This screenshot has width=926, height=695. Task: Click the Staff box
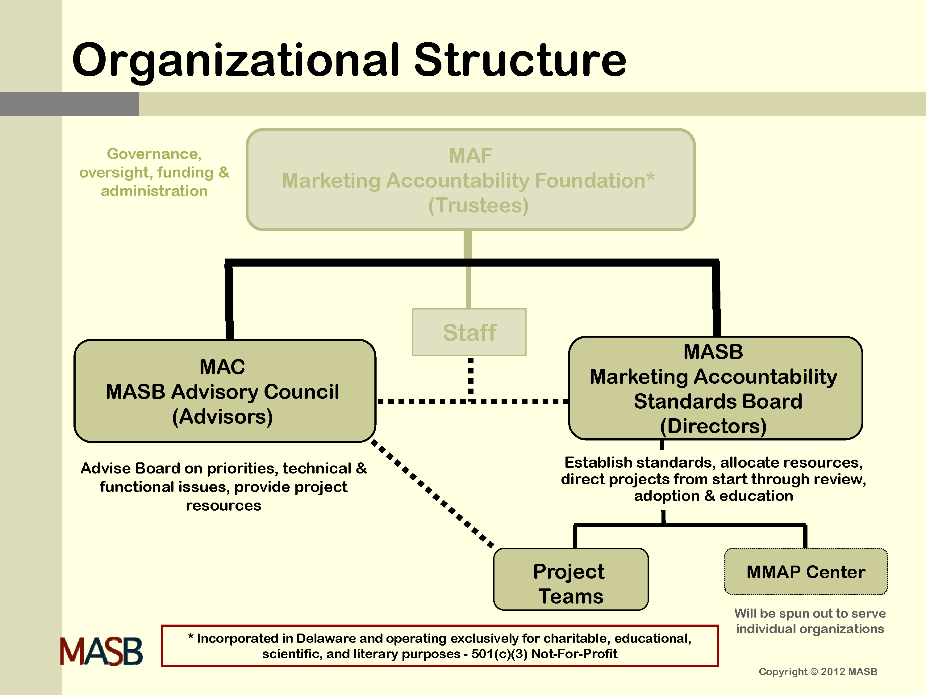coord(469,332)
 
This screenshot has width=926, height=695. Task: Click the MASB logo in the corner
coord(101,652)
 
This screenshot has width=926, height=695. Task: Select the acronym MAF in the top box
coord(470,156)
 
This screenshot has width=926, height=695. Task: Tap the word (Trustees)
coord(478,205)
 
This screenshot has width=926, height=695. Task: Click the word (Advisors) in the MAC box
coord(222,416)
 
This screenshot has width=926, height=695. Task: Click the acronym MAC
coord(222,367)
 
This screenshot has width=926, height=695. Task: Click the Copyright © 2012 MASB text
coord(818,672)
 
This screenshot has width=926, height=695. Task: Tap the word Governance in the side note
coord(154,154)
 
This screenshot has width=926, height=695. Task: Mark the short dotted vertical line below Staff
coord(470,376)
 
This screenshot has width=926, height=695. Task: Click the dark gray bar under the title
coord(69,104)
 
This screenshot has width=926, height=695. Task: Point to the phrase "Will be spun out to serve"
coord(810,613)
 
